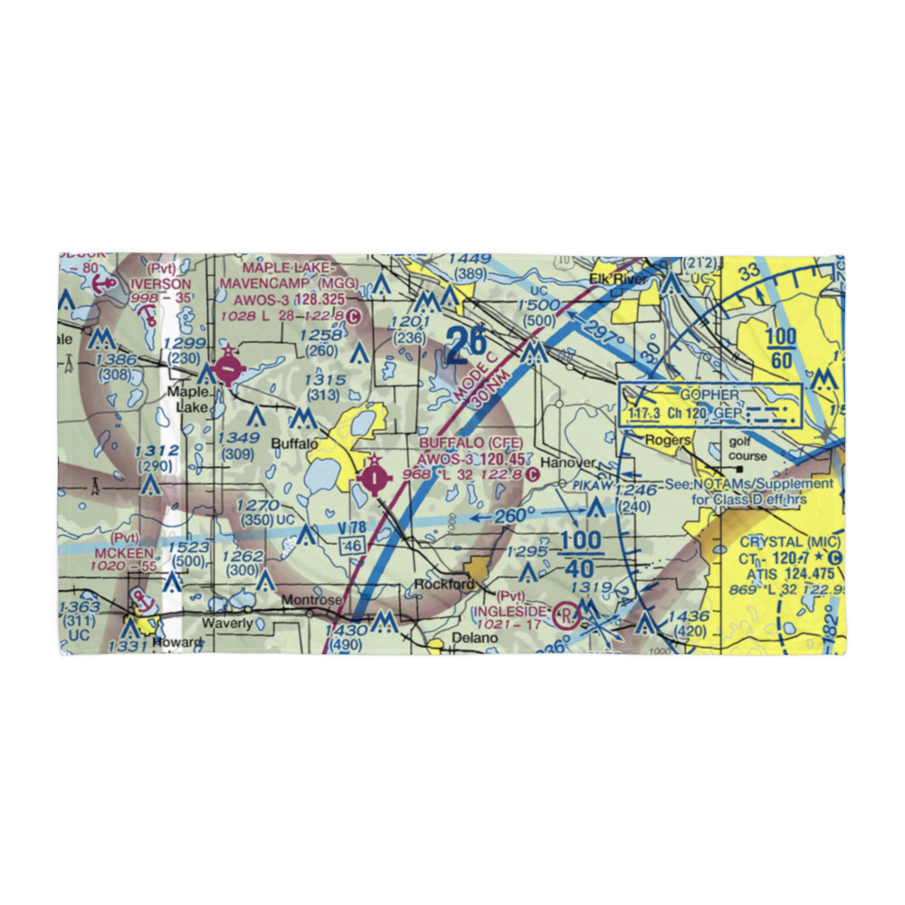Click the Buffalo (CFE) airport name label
471,443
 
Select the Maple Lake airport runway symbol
230,368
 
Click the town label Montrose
311,600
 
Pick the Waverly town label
225,622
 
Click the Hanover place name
569,462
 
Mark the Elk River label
619,280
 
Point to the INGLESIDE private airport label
510,611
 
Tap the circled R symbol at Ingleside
567,617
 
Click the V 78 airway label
353,527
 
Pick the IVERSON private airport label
161,283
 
